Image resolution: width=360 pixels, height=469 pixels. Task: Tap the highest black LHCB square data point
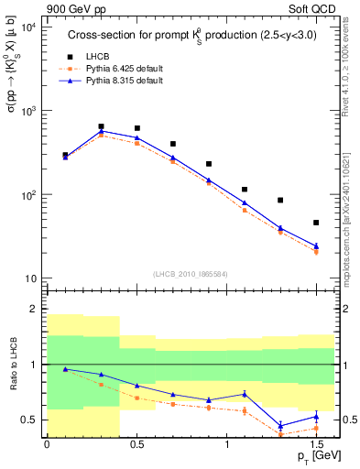tap(101, 126)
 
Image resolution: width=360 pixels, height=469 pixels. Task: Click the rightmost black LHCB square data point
tap(316, 223)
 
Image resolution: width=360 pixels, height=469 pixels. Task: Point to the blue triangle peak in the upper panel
tap(101, 132)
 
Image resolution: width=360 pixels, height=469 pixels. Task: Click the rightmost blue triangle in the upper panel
tap(316, 245)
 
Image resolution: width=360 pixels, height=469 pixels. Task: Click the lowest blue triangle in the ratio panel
tap(280, 426)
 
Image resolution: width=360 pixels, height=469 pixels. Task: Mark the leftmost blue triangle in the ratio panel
tap(65, 369)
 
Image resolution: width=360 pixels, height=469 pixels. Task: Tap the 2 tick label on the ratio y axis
tap(34, 309)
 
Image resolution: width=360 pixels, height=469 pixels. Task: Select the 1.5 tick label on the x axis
tap(316, 443)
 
